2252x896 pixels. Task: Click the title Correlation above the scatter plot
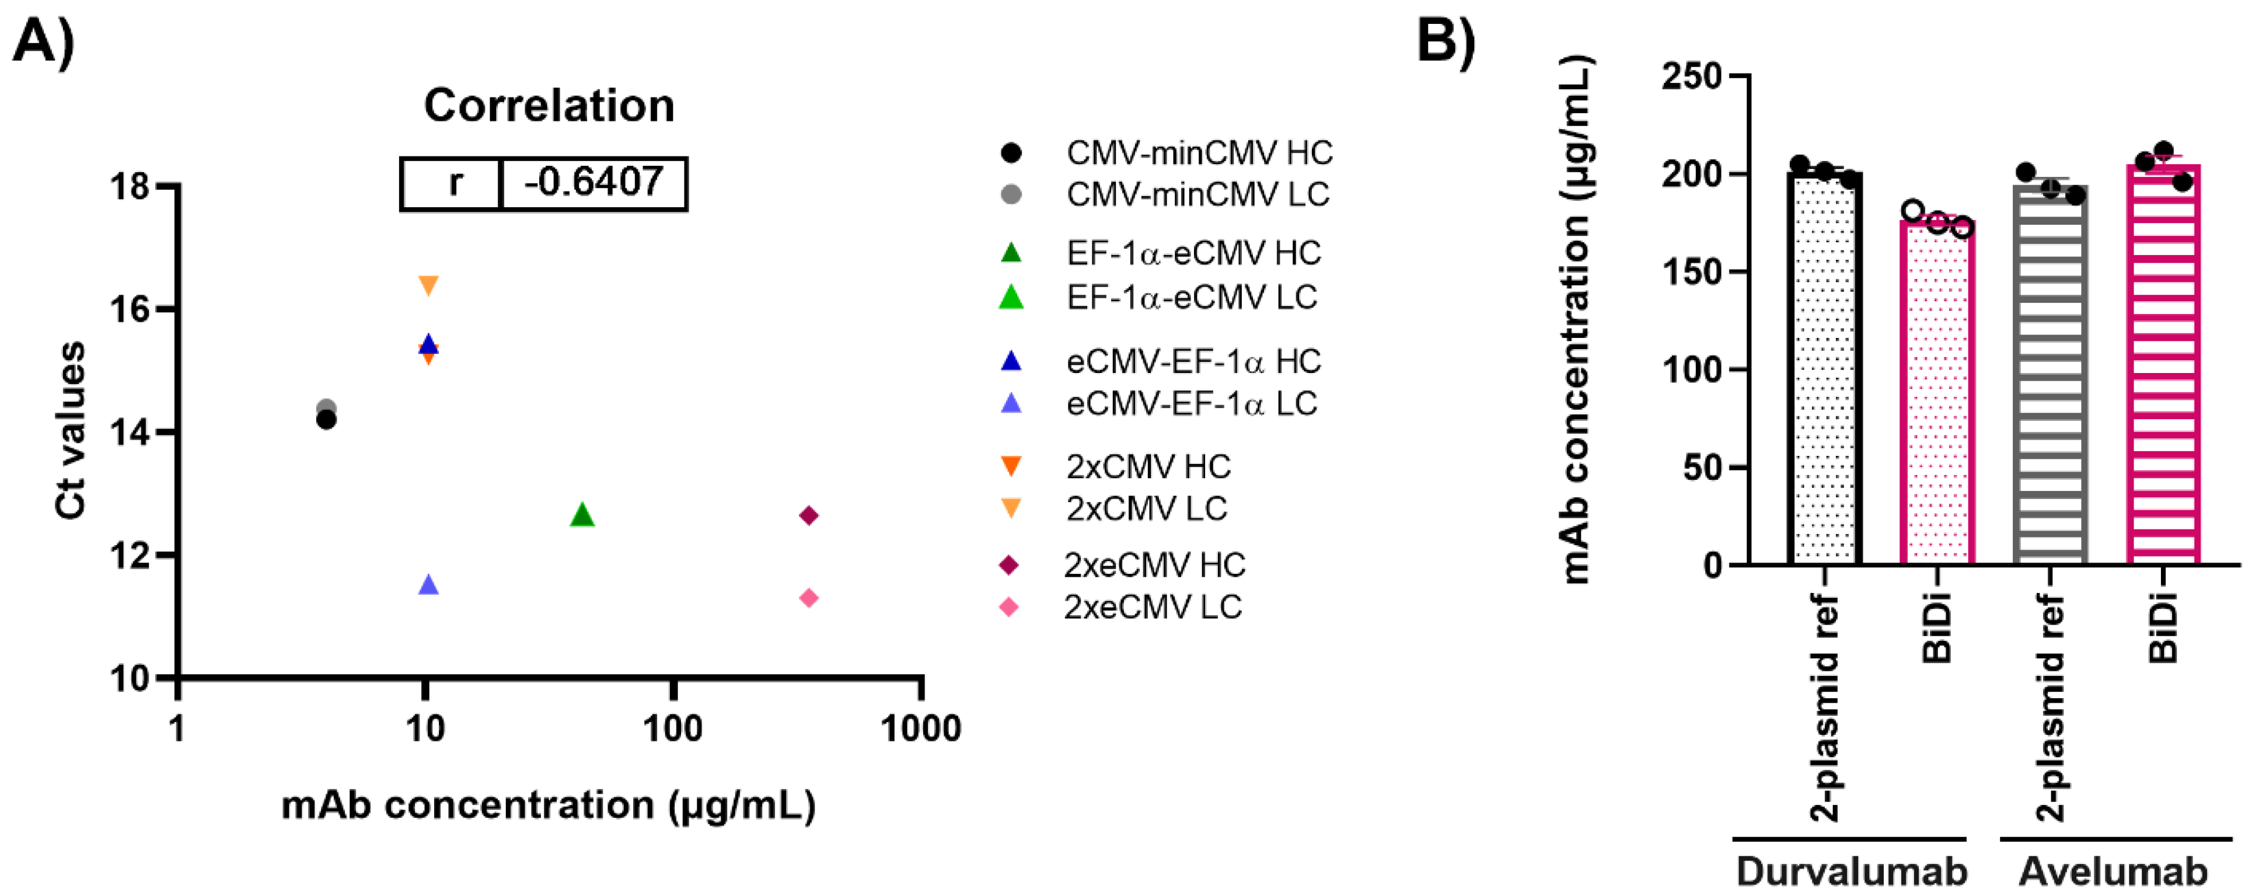(549, 106)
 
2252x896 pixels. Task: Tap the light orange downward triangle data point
(428, 285)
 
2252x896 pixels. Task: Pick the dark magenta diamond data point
(809, 516)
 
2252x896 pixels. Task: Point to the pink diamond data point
(809, 598)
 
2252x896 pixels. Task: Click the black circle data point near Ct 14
(326, 420)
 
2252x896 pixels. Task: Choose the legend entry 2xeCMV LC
(1151, 606)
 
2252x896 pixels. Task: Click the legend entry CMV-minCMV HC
(1197, 153)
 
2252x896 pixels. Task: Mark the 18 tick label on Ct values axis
(130, 187)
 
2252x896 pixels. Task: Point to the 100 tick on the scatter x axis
(672, 727)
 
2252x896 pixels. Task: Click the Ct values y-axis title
(70, 430)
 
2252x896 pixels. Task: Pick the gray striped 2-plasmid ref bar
(2050, 376)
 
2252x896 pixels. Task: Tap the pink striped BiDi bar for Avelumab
(2163, 367)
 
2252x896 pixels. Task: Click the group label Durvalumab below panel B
(1851, 871)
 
